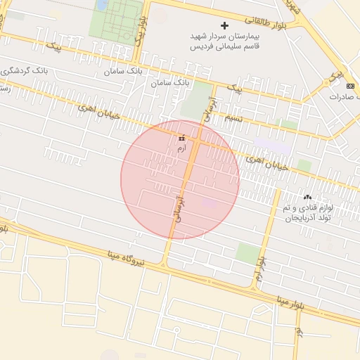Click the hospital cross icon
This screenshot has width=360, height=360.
[224, 25]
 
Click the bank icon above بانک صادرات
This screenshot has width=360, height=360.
[351, 84]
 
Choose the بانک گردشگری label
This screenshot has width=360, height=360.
[21, 71]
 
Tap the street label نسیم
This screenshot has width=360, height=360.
[233, 119]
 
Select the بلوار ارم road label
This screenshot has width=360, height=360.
[261, 270]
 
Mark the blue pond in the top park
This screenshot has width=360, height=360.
[103, 5]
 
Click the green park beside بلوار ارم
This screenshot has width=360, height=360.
[247, 253]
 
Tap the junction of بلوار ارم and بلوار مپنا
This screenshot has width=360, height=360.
[254, 288]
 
